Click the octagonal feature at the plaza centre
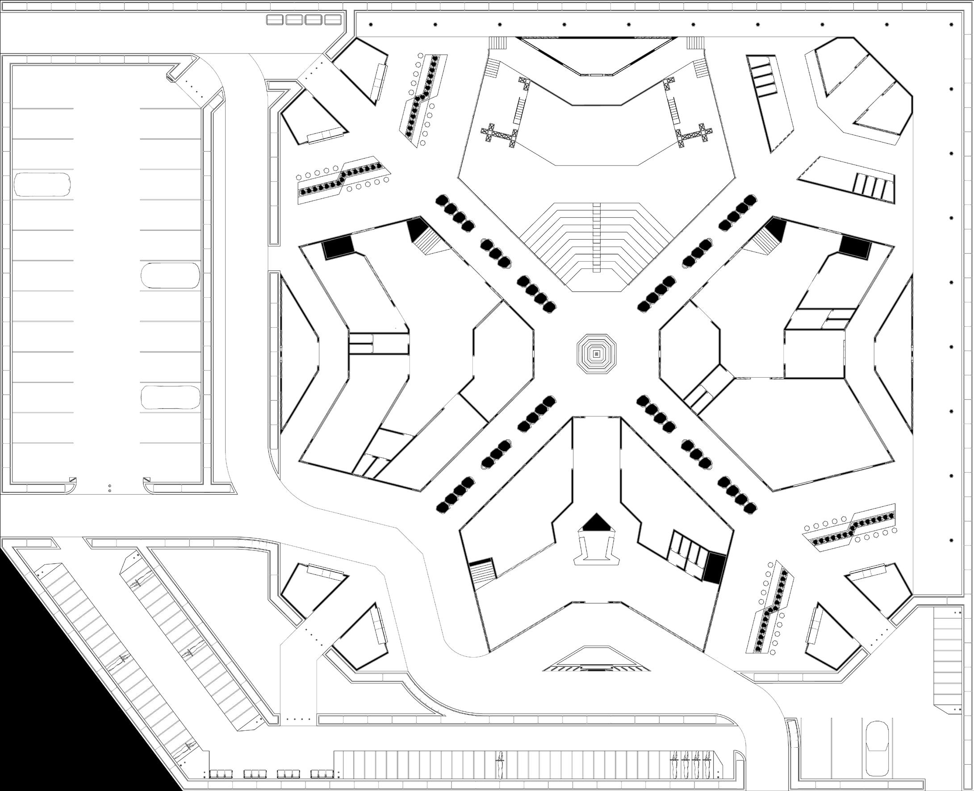coord(596,354)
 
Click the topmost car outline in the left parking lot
coord(42,184)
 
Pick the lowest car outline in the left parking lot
coord(170,397)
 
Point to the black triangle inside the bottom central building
coord(596,523)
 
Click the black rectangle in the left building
coord(338,247)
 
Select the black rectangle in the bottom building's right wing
coord(713,568)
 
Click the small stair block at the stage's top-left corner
coord(497,42)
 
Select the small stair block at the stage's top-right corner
coord(695,42)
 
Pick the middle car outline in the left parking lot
coord(170,275)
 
